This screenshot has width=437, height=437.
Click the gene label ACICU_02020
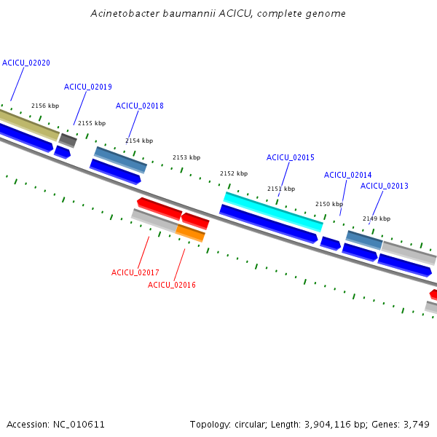pos(26,63)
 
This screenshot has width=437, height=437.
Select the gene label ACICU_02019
pos(88,87)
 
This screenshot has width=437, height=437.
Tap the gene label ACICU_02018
pos(140,106)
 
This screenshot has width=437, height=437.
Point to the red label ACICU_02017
pos(135,272)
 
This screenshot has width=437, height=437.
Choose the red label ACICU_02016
pos(172,285)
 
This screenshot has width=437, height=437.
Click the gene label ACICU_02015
pos(291,158)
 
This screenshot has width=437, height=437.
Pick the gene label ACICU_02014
pos(348,175)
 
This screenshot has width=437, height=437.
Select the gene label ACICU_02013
pos(385,186)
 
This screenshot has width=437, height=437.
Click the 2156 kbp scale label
pos(45,106)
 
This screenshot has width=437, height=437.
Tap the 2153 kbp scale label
pos(186,157)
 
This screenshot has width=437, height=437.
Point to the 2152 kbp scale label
pos(234,173)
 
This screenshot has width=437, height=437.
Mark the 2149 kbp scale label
pos(377,219)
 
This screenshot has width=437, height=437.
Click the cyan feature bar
pos(273,212)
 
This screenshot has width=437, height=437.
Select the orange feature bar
pos(190,233)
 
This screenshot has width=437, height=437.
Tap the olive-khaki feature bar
pos(29,125)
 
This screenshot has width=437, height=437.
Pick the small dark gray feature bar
pos(68,141)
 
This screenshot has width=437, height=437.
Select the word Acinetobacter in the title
pos(125,13)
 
